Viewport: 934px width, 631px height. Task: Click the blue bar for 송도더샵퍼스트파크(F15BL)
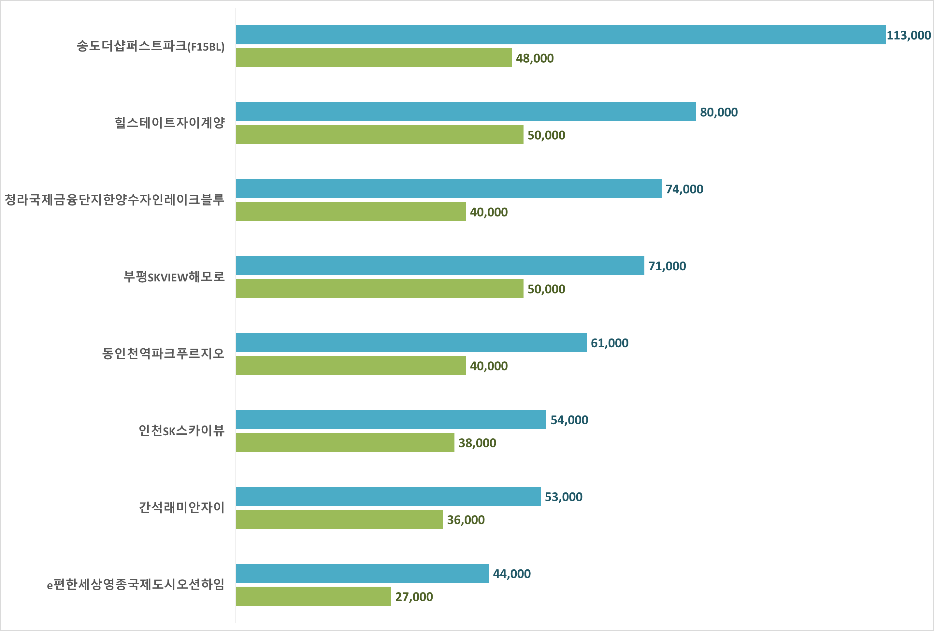coord(561,35)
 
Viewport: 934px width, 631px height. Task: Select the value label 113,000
coord(909,36)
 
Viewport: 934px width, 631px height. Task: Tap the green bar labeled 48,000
coord(374,57)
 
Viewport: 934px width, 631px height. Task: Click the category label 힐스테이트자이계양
coord(170,123)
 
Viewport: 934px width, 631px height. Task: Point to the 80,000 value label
coord(719,112)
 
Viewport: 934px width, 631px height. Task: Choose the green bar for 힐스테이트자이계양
coord(380,134)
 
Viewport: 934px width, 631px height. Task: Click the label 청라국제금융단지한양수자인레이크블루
coord(115,200)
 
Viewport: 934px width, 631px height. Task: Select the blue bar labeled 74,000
coord(449,188)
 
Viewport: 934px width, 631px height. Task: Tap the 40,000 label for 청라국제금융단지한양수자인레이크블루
coord(489,212)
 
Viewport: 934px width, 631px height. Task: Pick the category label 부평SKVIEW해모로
coord(174,277)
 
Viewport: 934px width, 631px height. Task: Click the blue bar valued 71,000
coord(440,265)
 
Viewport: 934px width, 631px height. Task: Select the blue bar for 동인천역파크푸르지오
coord(411,342)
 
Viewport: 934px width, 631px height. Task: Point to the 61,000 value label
coord(609,343)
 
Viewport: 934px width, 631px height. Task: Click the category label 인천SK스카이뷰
coord(182,431)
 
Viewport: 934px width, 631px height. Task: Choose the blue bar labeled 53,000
coord(388,496)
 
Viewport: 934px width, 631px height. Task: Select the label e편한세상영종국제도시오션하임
coord(136,584)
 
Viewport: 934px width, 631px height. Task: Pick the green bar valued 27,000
coord(313,596)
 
